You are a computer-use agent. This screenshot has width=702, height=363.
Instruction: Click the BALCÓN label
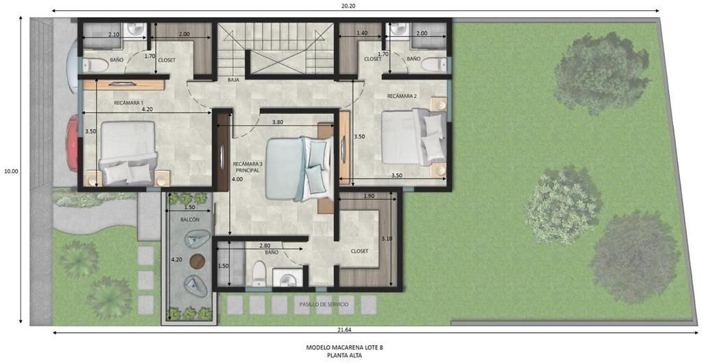click(x=190, y=220)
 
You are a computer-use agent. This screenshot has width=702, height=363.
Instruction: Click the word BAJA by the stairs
click(x=233, y=80)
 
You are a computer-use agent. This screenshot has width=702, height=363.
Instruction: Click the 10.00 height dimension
click(x=11, y=171)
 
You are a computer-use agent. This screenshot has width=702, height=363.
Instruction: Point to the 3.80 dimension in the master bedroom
click(x=278, y=121)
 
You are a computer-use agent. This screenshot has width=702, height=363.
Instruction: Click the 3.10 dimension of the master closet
click(x=387, y=239)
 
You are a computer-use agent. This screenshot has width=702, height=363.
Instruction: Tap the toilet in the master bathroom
click(x=258, y=273)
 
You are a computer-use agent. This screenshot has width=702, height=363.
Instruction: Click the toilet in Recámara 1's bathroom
click(x=95, y=66)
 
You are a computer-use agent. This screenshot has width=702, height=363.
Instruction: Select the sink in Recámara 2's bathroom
click(x=397, y=29)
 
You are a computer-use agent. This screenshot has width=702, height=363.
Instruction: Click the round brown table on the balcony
click(x=197, y=261)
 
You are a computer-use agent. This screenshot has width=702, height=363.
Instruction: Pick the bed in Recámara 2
click(x=413, y=137)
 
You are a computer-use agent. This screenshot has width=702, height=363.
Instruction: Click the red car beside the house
click(x=73, y=143)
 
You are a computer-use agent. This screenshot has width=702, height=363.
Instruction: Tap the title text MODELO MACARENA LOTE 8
click(x=345, y=347)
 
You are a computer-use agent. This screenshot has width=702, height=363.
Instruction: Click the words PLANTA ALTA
click(x=345, y=355)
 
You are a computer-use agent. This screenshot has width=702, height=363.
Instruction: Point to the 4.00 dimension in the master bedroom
click(x=237, y=179)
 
